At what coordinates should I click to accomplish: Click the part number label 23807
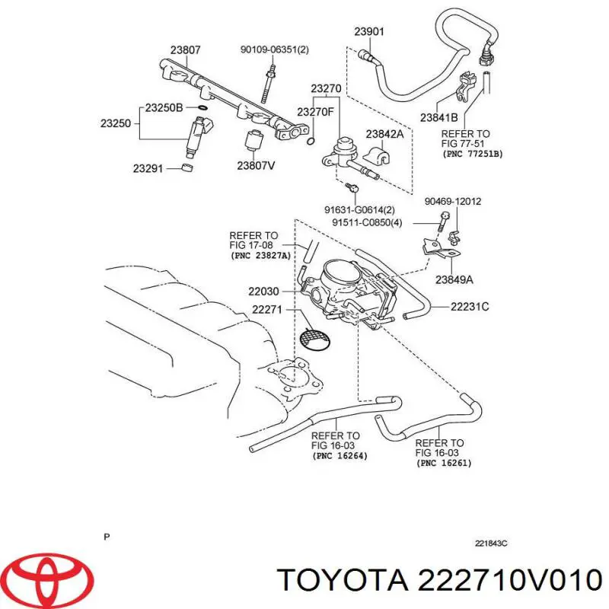click(x=185, y=50)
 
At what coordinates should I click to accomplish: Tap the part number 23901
click(x=369, y=31)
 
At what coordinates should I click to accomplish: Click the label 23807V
click(x=254, y=164)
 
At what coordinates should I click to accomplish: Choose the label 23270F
click(x=315, y=112)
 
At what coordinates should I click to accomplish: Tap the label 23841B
click(x=438, y=117)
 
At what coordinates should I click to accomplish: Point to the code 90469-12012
click(x=452, y=202)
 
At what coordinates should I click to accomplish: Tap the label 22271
click(x=267, y=311)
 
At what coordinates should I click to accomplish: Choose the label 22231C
click(x=469, y=308)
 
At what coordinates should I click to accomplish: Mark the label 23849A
click(x=454, y=279)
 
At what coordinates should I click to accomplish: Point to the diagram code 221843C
click(x=490, y=544)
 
